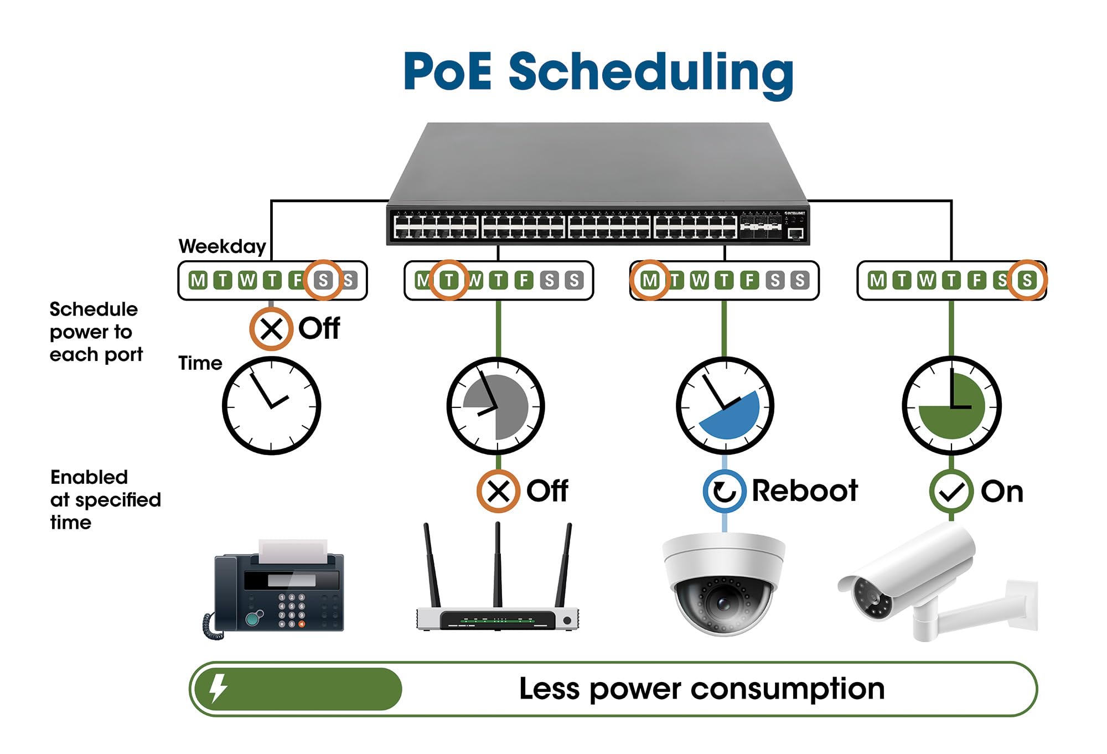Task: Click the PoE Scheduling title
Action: tap(598, 72)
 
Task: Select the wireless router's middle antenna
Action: tap(498, 565)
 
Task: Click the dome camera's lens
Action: tap(722, 602)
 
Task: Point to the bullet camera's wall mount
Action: tap(991, 609)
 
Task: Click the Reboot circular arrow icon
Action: tap(724, 490)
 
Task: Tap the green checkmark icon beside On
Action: tap(951, 491)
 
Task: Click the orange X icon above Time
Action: tap(271, 329)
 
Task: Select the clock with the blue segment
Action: tap(725, 406)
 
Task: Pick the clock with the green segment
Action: tap(951, 406)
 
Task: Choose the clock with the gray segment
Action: tap(495, 406)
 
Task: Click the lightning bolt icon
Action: tap(218, 689)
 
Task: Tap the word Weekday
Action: tap(222, 246)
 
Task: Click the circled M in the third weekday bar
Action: tap(649, 280)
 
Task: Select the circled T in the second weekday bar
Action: tap(449, 280)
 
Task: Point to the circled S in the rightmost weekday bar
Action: tap(1027, 280)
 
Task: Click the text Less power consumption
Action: tap(701, 689)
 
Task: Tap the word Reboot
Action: tap(804, 490)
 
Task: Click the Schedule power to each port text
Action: tap(96, 332)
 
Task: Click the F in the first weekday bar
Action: tap(296, 280)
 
